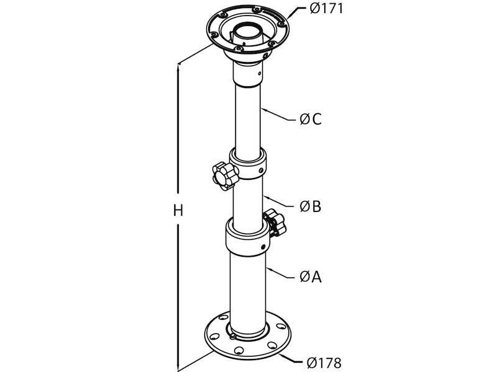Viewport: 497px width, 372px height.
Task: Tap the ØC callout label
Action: pyautogui.click(x=310, y=120)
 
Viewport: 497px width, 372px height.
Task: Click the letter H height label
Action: pyautogui.click(x=178, y=211)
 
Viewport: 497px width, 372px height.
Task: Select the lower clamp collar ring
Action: pyautogui.click(x=247, y=237)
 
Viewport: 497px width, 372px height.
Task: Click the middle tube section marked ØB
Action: pyautogui.click(x=248, y=198)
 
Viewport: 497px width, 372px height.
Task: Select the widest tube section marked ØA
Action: pyautogui.click(x=248, y=285)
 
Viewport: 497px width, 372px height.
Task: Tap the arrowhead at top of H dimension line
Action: pyautogui.click(x=178, y=66)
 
